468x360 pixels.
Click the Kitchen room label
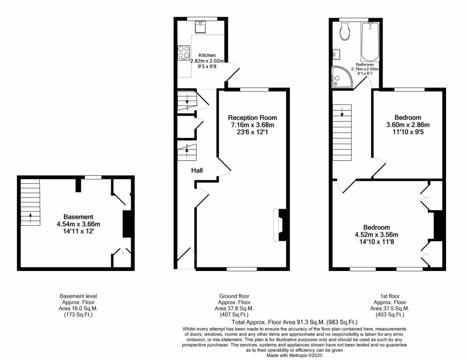click(x=207, y=55)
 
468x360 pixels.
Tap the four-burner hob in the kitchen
click(x=184, y=52)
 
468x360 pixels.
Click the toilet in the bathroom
click(x=346, y=32)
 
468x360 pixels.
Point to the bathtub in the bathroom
click(x=370, y=42)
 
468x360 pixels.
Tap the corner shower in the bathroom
click(x=341, y=77)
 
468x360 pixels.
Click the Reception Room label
click(x=252, y=117)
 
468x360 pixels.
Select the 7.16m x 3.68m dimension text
click(x=252, y=125)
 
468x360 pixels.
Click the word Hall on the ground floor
click(x=197, y=170)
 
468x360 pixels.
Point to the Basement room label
click(x=78, y=217)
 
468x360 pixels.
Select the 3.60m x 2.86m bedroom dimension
click(x=408, y=125)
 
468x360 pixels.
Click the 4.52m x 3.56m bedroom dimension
click(x=377, y=234)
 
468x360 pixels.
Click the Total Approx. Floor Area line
click(x=294, y=322)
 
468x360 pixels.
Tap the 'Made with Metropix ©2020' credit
click(x=294, y=355)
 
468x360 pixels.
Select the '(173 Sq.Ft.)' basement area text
click(x=78, y=315)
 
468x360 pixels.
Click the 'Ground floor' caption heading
click(x=234, y=296)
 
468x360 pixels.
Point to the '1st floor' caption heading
click(x=390, y=296)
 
